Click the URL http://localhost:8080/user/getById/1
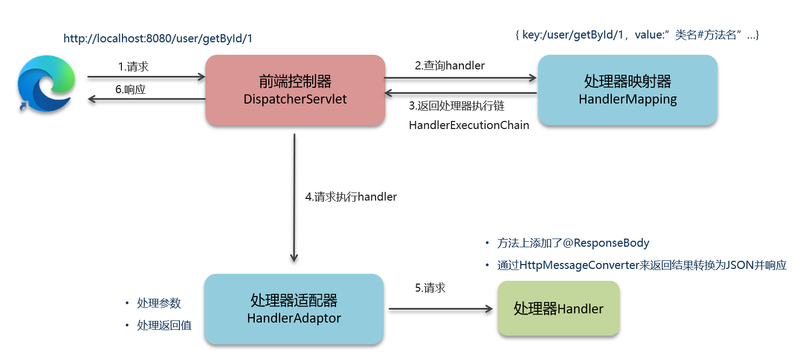tap(158, 39)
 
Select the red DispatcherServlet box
tap(295, 90)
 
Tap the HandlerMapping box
tap(627, 90)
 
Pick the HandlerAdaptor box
tap(294, 309)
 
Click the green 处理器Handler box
tap(558, 309)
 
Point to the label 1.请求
tap(133, 67)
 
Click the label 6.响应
tap(131, 90)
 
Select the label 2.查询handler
tap(450, 66)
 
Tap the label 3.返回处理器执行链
tap(457, 106)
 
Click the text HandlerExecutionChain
tap(469, 125)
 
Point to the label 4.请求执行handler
tap(351, 197)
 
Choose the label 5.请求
tap(430, 288)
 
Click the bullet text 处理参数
tap(159, 303)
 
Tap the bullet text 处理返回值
tap(164, 325)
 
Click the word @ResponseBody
tap(606, 243)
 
